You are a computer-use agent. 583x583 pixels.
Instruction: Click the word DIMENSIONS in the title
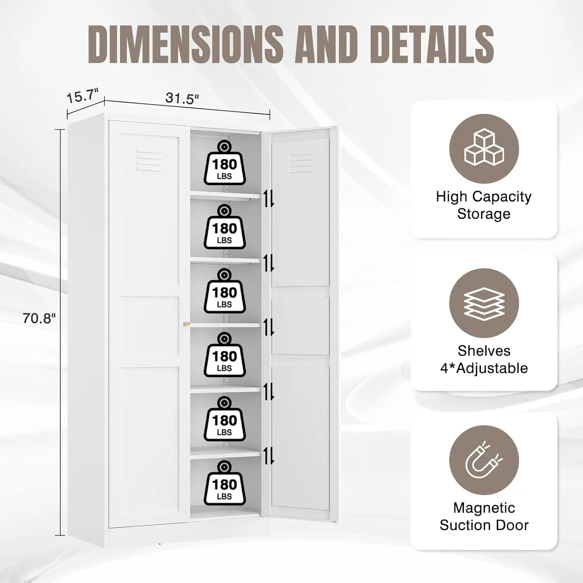[186, 44]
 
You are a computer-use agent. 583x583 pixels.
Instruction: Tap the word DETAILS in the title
[432, 44]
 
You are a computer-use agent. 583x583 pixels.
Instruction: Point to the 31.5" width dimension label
[182, 98]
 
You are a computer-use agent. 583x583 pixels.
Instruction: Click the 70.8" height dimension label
[39, 318]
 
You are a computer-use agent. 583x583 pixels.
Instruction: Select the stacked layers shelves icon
[484, 304]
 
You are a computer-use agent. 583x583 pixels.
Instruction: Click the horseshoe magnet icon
[484, 460]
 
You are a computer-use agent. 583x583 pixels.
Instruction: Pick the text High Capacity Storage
[484, 205]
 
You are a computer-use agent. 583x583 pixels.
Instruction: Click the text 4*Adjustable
[484, 368]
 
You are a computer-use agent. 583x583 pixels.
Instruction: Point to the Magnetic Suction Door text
[484, 517]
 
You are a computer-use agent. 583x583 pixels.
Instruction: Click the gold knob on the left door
[187, 324]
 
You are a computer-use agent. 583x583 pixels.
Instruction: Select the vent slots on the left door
[149, 161]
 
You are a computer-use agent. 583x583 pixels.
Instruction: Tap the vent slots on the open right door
[300, 164]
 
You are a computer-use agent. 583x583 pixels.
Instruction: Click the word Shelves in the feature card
[484, 351]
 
